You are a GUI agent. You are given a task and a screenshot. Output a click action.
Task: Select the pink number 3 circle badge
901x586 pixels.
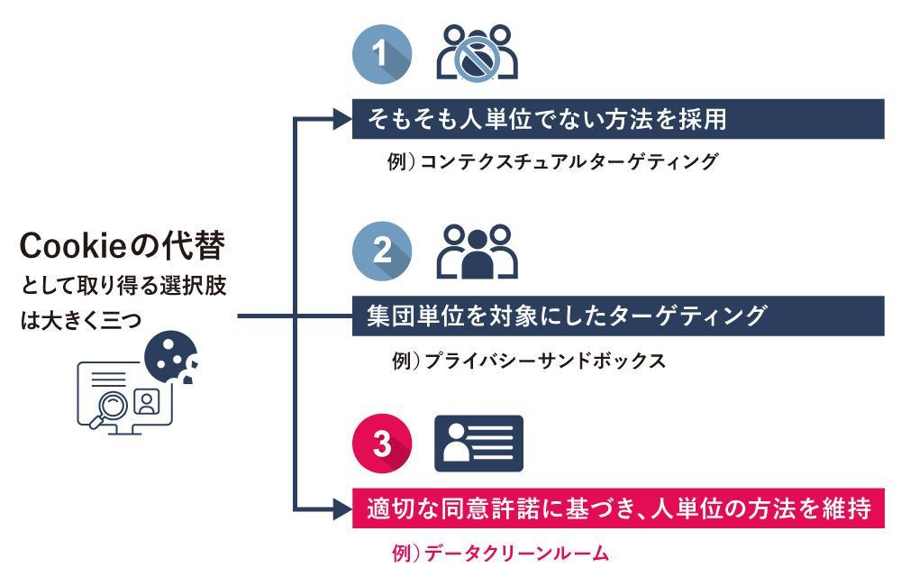[x=382, y=444]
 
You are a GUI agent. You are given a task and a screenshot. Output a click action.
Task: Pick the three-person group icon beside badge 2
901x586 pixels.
[x=477, y=252]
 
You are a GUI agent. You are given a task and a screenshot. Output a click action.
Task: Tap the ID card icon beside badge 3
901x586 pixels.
[x=478, y=444]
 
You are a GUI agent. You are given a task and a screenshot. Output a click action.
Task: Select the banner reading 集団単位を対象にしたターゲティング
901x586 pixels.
[x=617, y=316]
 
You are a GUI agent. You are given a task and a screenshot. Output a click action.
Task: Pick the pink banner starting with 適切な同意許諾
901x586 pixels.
[x=617, y=509]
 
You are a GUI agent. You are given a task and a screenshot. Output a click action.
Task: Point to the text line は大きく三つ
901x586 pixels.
[x=81, y=320]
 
